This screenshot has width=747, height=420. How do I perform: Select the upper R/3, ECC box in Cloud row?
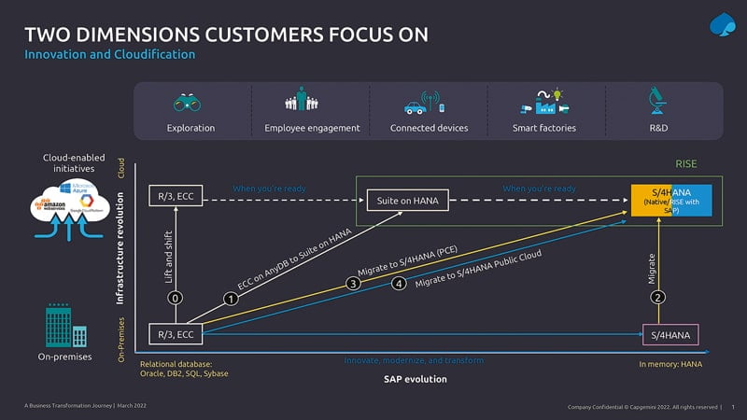pyautogui.click(x=176, y=196)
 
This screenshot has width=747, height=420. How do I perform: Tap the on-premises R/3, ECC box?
pyautogui.click(x=176, y=334)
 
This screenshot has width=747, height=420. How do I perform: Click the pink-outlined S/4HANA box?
pyautogui.click(x=669, y=334)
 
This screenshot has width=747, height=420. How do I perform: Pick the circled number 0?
pyautogui.click(x=176, y=298)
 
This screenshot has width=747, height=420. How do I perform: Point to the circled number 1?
pyautogui.click(x=228, y=299)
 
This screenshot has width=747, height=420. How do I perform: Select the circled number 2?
pyautogui.click(x=658, y=298)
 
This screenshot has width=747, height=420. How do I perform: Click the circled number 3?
pyautogui.click(x=352, y=283)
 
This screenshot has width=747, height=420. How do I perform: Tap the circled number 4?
pyautogui.click(x=399, y=283)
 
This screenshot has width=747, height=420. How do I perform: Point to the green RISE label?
pyautogui.click(x=685, y=163)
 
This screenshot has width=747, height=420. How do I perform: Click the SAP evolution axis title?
pyautogui.click(x=416, y=379)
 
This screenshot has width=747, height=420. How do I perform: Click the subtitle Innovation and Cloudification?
pyautogui.click(x=109, y=55)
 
